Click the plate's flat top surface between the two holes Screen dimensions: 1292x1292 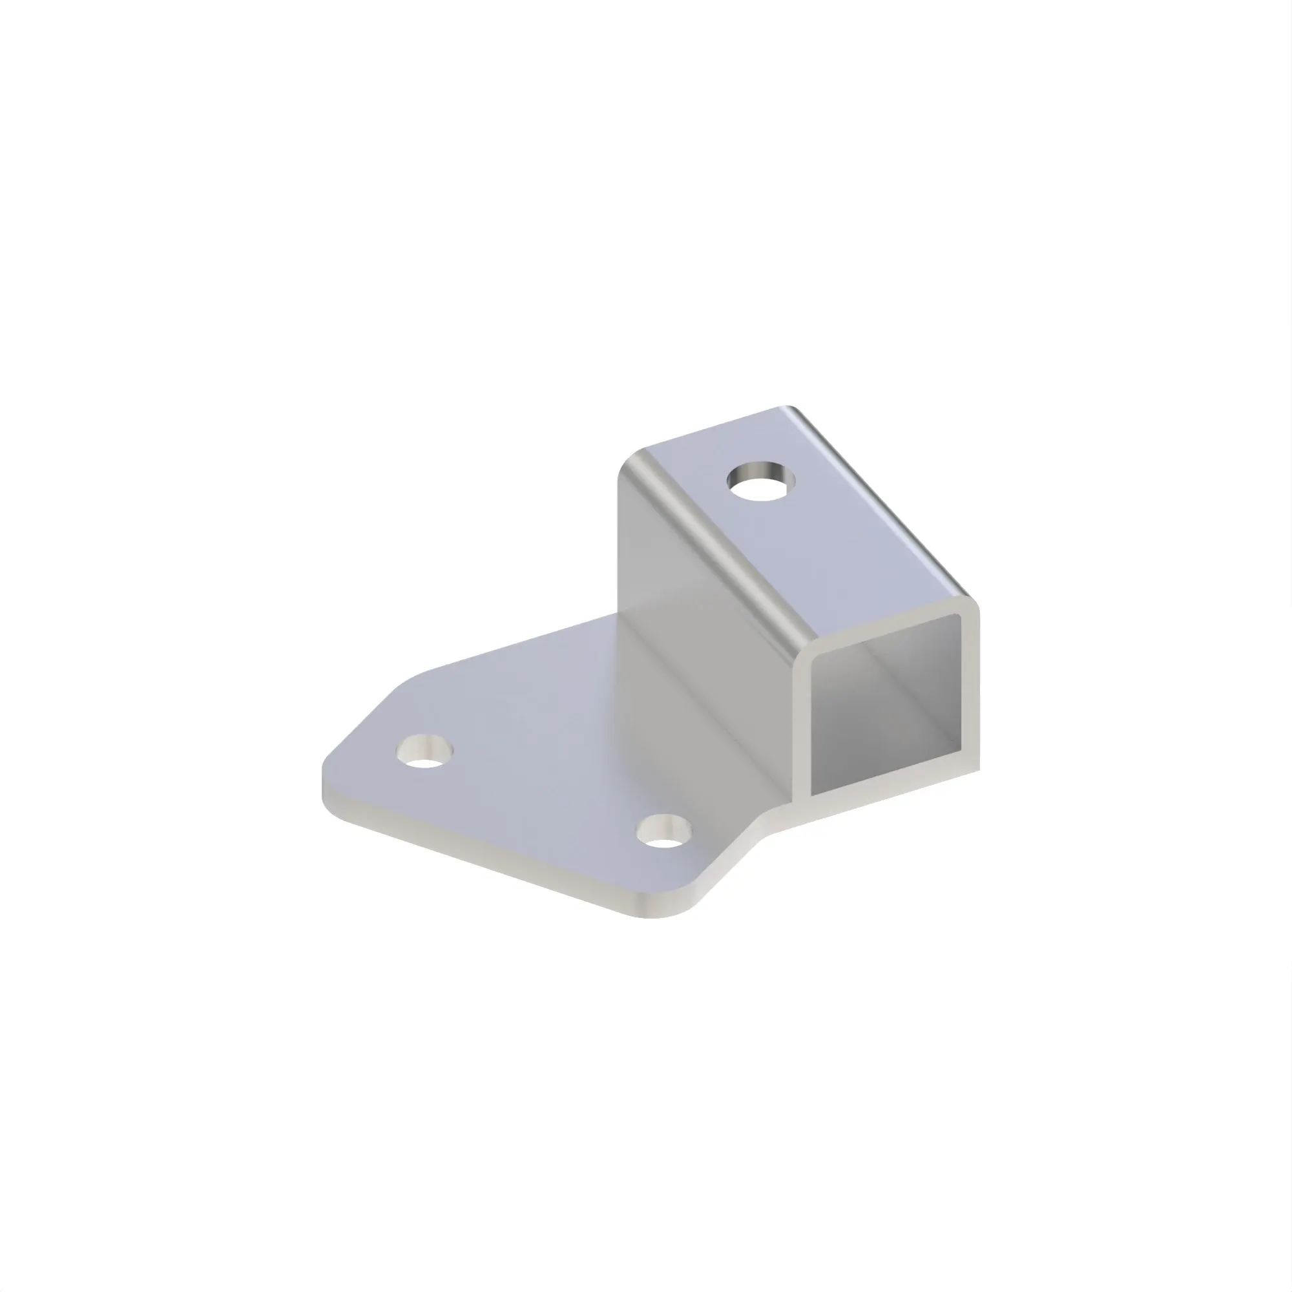coord(542,789)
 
